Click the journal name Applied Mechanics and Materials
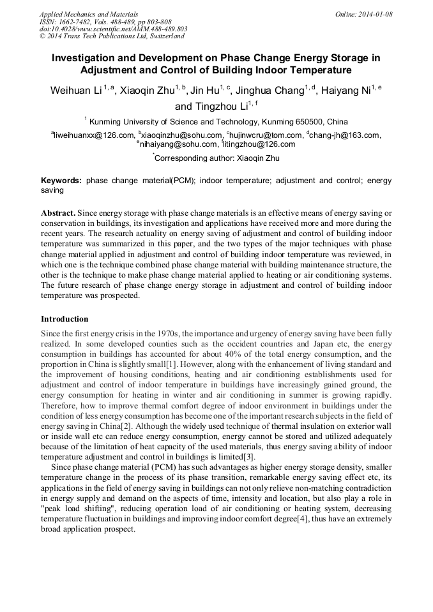[x=89, y=13]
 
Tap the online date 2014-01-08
[x=378, y=13]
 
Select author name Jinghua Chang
[x=269, y=91]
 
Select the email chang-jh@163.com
[x=346, y=135]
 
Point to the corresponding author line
[x=216, y=158]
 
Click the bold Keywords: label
[x=61, y=181]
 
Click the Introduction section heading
[x=65, y=318]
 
